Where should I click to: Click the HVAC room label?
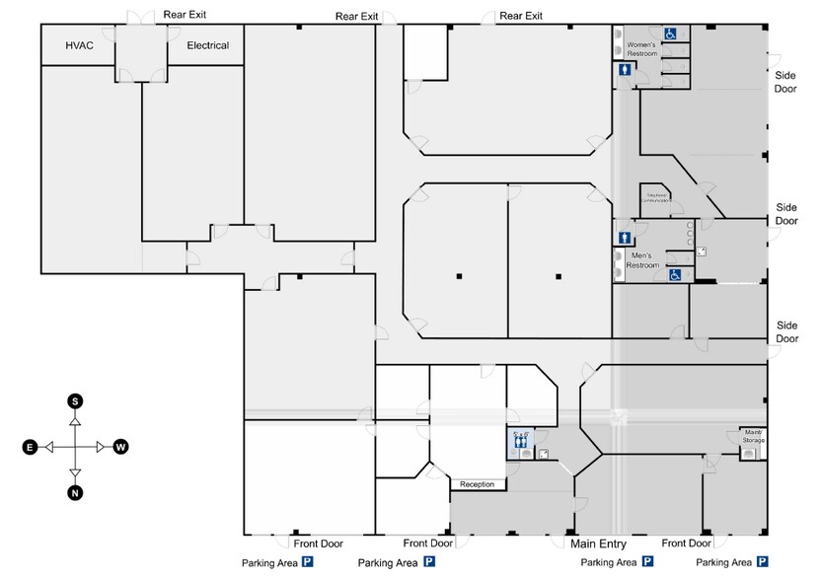79,45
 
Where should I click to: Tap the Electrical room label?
207,45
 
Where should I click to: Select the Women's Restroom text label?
642,49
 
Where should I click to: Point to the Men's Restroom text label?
643,260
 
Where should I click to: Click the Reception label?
477,484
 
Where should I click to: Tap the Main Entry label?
598,544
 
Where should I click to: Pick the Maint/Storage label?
753,437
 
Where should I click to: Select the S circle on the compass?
75,400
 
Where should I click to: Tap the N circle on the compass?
75,493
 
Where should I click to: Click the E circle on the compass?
30,448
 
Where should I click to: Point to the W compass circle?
120,447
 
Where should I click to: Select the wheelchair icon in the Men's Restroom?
676,275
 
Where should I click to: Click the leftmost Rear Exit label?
185,16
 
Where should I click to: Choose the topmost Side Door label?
785,82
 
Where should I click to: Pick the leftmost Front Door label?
318,544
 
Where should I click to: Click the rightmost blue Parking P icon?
762,562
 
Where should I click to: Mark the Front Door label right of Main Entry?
686,544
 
